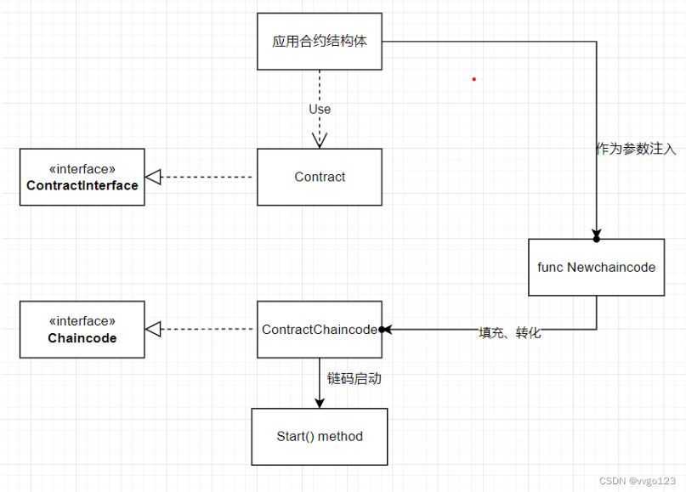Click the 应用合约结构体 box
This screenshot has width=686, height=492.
click(320, 41)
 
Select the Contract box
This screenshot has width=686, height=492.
click(320, 177)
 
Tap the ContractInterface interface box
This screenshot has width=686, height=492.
click(82, 177)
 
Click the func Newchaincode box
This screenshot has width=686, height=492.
click(596, 267)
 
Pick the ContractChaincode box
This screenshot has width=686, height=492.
click(320, 330)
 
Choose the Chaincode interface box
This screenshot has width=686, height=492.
click(82, 330)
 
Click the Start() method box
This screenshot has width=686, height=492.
click(320, 437)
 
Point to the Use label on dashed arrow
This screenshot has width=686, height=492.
click(320, 109)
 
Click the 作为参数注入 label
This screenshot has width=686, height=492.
click(636, 149)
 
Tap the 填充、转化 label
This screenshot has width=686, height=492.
click(510, 333)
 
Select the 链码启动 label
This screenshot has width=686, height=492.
click(354, 378)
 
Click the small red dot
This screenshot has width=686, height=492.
click(474, 79)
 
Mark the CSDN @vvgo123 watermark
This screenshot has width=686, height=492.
click(638, 480)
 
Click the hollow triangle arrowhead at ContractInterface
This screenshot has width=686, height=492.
click(153, 177)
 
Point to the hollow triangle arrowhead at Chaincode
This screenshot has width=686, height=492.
click(153, 330)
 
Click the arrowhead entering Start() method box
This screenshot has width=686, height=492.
click(320, 402)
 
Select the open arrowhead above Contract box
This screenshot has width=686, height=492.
click(320, 139)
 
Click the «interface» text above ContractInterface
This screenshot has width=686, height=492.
click(82, 169)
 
